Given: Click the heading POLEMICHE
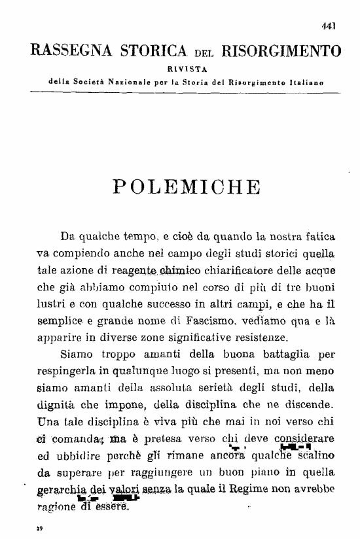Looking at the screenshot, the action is click(x=187, y=186).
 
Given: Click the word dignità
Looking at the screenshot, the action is click(x=60, y=405).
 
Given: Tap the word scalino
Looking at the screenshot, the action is click(x=321, y=456).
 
